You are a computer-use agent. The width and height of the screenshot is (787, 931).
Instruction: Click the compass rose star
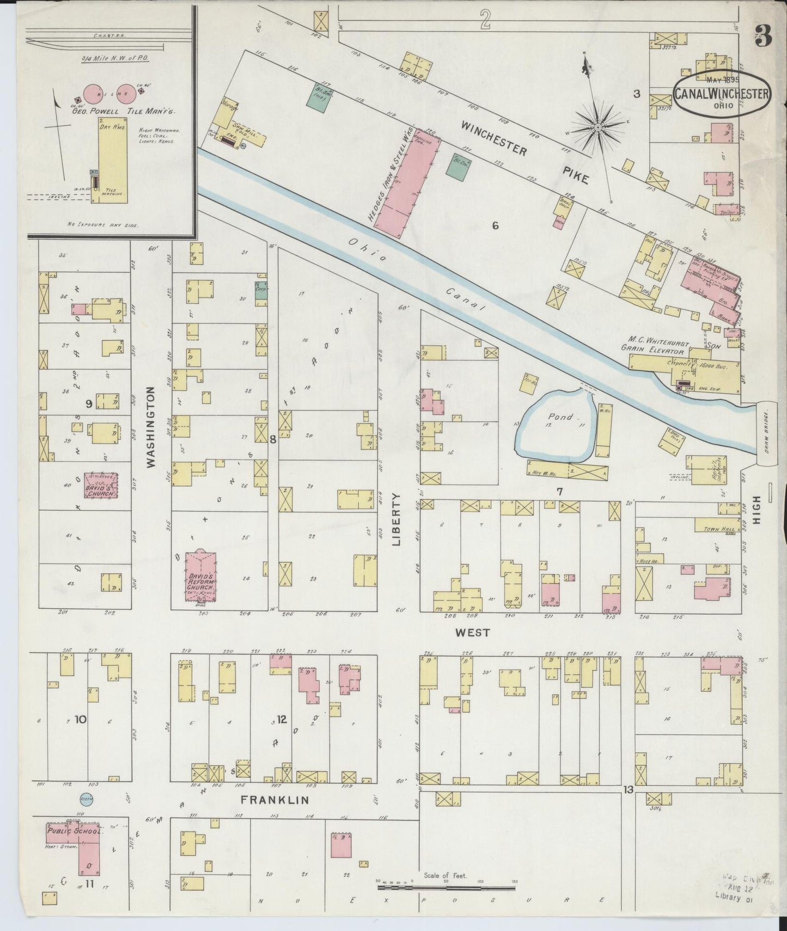coord(597,127)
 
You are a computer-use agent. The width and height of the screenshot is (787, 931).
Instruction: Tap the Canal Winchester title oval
coord(722,94)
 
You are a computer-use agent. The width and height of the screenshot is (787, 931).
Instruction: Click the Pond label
coord(560,416)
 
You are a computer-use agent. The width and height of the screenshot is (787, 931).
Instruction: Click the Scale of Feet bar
coord(447,889)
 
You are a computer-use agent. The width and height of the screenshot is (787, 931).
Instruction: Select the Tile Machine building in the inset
coord(113,163)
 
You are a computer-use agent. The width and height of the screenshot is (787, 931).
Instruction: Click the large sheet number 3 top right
coord(764,36)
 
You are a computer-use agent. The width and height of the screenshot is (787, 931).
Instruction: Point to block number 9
coord(88,403)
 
